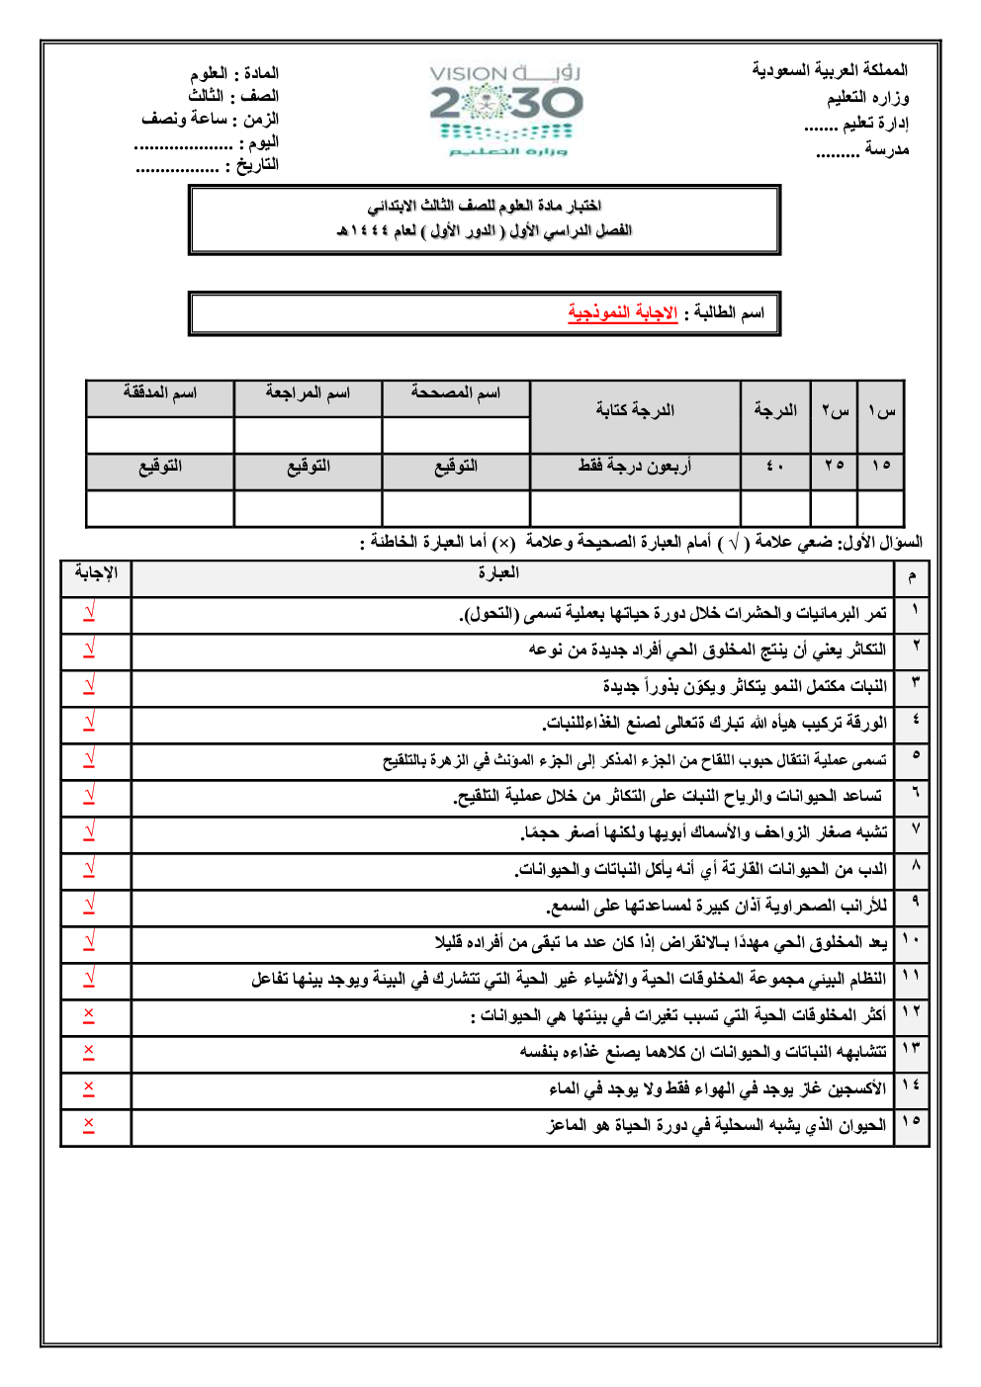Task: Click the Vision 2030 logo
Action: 506,110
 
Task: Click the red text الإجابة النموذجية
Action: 622,313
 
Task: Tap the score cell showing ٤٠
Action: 774,466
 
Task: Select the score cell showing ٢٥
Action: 834,466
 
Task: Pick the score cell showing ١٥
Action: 880,466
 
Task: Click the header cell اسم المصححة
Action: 456,393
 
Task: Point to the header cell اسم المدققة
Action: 160,393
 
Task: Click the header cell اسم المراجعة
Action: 308,393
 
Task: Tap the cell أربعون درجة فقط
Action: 635,466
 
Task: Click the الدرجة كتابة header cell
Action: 635,410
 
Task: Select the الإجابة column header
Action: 96,573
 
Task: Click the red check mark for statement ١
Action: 89,613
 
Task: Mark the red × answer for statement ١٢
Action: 89,1015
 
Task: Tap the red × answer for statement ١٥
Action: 89,1125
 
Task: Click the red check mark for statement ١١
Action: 89,979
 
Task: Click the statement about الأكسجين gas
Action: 717,1088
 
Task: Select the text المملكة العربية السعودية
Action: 829,70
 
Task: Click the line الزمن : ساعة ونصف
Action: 210,119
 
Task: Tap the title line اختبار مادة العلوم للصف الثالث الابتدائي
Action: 485,206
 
